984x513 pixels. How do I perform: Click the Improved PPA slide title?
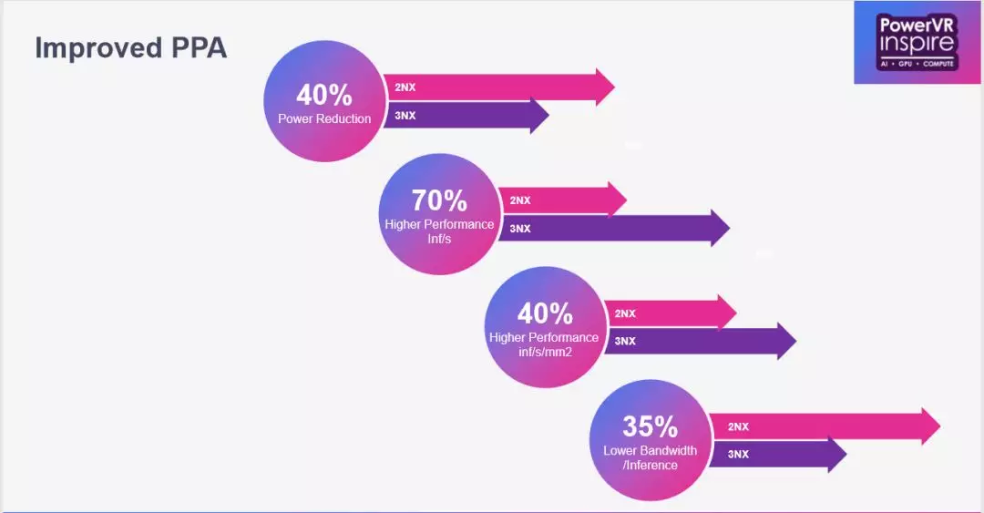[130, 48]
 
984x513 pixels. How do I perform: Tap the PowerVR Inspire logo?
[917, 42]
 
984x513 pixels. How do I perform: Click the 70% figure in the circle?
[439, 201]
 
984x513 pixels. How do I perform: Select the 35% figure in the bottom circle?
[651, 427]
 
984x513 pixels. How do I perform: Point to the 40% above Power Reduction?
[324, 96]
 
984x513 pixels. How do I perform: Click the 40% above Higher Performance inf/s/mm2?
[545, 314]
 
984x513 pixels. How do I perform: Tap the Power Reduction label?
[324, 118]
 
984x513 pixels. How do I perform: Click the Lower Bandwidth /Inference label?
[651, 457]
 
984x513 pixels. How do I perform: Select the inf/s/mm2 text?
[545, 353]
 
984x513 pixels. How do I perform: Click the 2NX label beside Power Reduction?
[405, 87]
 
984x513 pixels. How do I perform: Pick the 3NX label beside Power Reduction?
[405, 116]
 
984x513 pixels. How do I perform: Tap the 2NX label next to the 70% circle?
[519, 200]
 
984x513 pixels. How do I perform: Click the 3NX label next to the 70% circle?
[519, 229]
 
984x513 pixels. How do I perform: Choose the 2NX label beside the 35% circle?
[738, 427]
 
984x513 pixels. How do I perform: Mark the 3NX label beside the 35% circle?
[738, 454]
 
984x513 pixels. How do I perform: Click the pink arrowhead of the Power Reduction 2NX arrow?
[605, 87]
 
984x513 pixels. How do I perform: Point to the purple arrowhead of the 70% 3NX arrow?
[721, 228]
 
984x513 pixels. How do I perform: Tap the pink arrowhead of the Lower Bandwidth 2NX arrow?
[930, 426]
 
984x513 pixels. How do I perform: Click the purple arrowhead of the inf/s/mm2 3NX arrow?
[787, 341]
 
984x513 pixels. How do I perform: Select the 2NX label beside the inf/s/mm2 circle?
[625, 313]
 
